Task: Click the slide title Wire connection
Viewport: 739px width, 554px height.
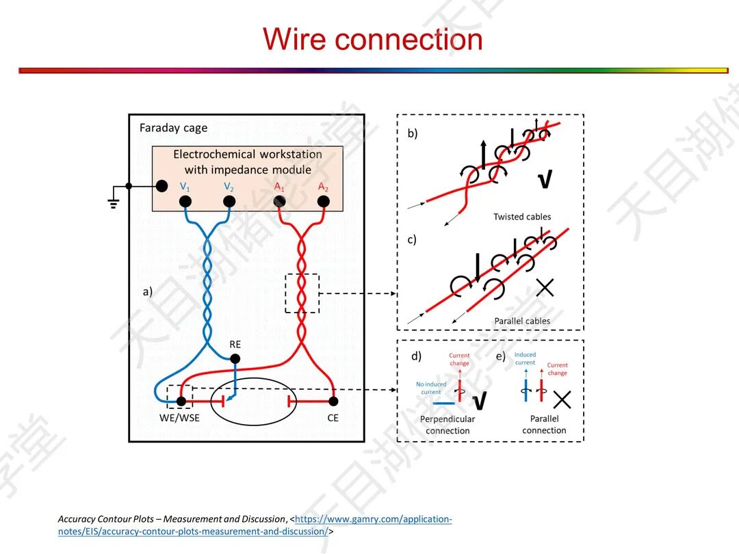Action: coord(373,39)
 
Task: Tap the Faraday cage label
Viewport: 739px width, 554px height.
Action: coord(173,128)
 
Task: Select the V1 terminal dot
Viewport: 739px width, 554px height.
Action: coord(185,201)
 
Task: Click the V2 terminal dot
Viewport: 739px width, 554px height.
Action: coord(229,201)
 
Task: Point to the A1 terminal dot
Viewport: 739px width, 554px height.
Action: coord(279,201)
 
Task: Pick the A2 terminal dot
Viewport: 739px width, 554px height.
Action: coord(324,201)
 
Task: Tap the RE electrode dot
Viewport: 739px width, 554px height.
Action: coord(235,358)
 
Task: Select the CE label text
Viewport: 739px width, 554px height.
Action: coord(333,418)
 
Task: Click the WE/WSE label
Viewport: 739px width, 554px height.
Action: coord(180,418)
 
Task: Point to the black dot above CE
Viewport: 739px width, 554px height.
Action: coord(333,401)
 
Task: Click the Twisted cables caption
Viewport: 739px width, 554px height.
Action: coord(522,217)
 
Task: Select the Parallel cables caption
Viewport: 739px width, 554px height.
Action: coord(522,321)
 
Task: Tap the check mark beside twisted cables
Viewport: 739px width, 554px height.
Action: coord(545,180)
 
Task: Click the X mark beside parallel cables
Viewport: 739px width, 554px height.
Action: coord(545,288)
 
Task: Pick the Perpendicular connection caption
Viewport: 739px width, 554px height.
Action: coord(448,425)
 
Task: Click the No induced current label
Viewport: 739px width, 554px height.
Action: coord(431,388)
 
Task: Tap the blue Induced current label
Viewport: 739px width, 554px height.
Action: coord(525,358)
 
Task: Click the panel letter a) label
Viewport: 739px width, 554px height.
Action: coord(147,291)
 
